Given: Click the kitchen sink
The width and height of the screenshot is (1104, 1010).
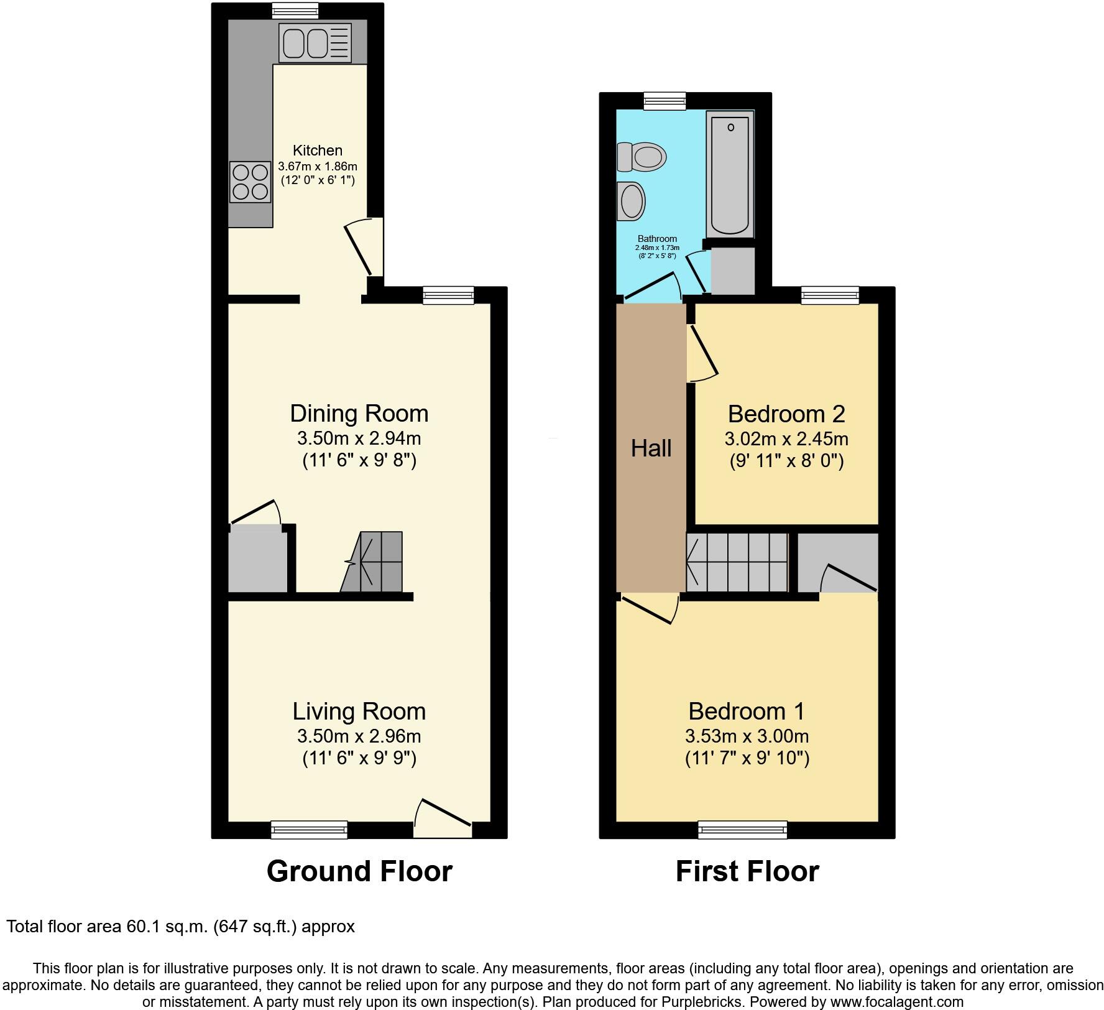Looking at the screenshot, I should tap(315, 43).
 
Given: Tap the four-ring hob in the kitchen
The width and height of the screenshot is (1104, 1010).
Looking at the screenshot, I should tap(250, 182).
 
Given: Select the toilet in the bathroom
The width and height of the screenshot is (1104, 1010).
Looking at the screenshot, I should tap(642, 155).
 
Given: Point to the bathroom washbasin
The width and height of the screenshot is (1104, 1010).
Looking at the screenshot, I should tap(631, 202).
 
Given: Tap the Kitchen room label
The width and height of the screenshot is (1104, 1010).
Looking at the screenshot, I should tap(318, 151).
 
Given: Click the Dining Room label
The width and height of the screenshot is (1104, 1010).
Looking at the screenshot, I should tap(359, 414).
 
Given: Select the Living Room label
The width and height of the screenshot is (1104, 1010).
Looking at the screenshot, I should tap(359, 711).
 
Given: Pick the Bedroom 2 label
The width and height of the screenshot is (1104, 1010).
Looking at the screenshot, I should tap(786, 414).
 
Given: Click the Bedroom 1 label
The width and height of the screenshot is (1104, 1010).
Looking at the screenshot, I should tap(747, 711).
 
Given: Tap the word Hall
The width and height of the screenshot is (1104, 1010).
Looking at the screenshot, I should tap(651, 448).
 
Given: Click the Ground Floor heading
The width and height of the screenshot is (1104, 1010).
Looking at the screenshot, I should tap(359, 871).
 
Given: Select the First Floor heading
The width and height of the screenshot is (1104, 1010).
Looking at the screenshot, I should tap(747, 871).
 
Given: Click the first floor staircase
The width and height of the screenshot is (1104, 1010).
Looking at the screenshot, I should tap(737, 562).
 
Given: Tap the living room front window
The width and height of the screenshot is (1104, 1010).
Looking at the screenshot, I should tap(309, 830).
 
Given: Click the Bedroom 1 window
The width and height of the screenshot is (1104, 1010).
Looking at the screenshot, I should tap(743, 830).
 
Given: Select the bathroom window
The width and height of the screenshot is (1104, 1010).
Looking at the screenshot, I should tap(665, 101).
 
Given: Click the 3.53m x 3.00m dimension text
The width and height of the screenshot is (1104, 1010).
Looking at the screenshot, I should tap(747, 736).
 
